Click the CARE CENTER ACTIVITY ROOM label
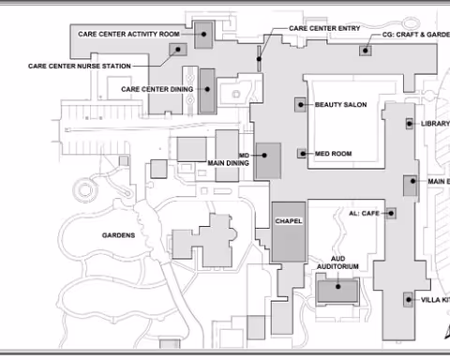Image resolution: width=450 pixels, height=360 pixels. (131, 33)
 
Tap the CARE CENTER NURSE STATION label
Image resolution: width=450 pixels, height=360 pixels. (79, 67)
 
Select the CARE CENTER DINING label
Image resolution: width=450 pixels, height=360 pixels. (156, 89)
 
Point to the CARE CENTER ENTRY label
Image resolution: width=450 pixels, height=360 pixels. (324, 28)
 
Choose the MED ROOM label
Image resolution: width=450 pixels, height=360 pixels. (333, 153)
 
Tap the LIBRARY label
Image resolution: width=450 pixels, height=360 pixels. (435, 123)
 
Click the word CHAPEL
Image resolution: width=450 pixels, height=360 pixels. (288, 221)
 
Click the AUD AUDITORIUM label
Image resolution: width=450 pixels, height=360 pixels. (343, 262)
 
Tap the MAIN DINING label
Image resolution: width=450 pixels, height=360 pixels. (229, 158)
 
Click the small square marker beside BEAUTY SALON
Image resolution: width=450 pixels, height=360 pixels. (301, 104)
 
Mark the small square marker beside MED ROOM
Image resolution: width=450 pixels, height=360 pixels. (302, 153)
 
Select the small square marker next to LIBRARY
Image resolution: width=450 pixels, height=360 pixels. (409, 123)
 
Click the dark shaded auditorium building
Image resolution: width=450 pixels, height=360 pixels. (336, 292)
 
